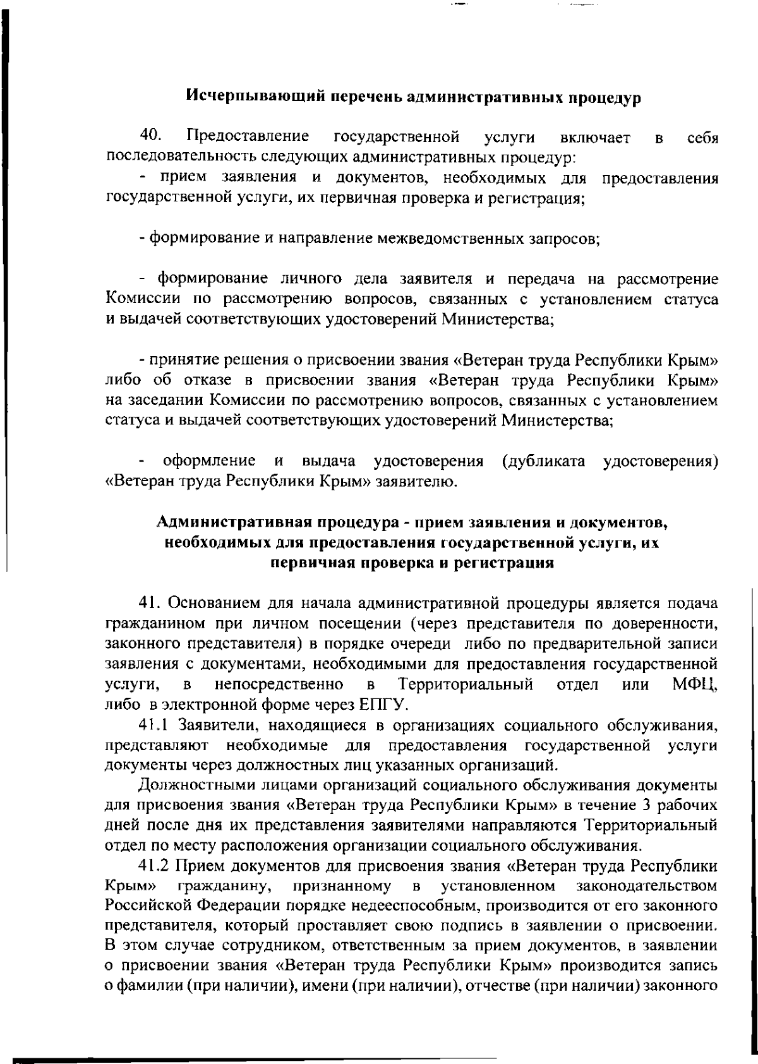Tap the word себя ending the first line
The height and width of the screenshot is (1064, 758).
coord(702,138)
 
